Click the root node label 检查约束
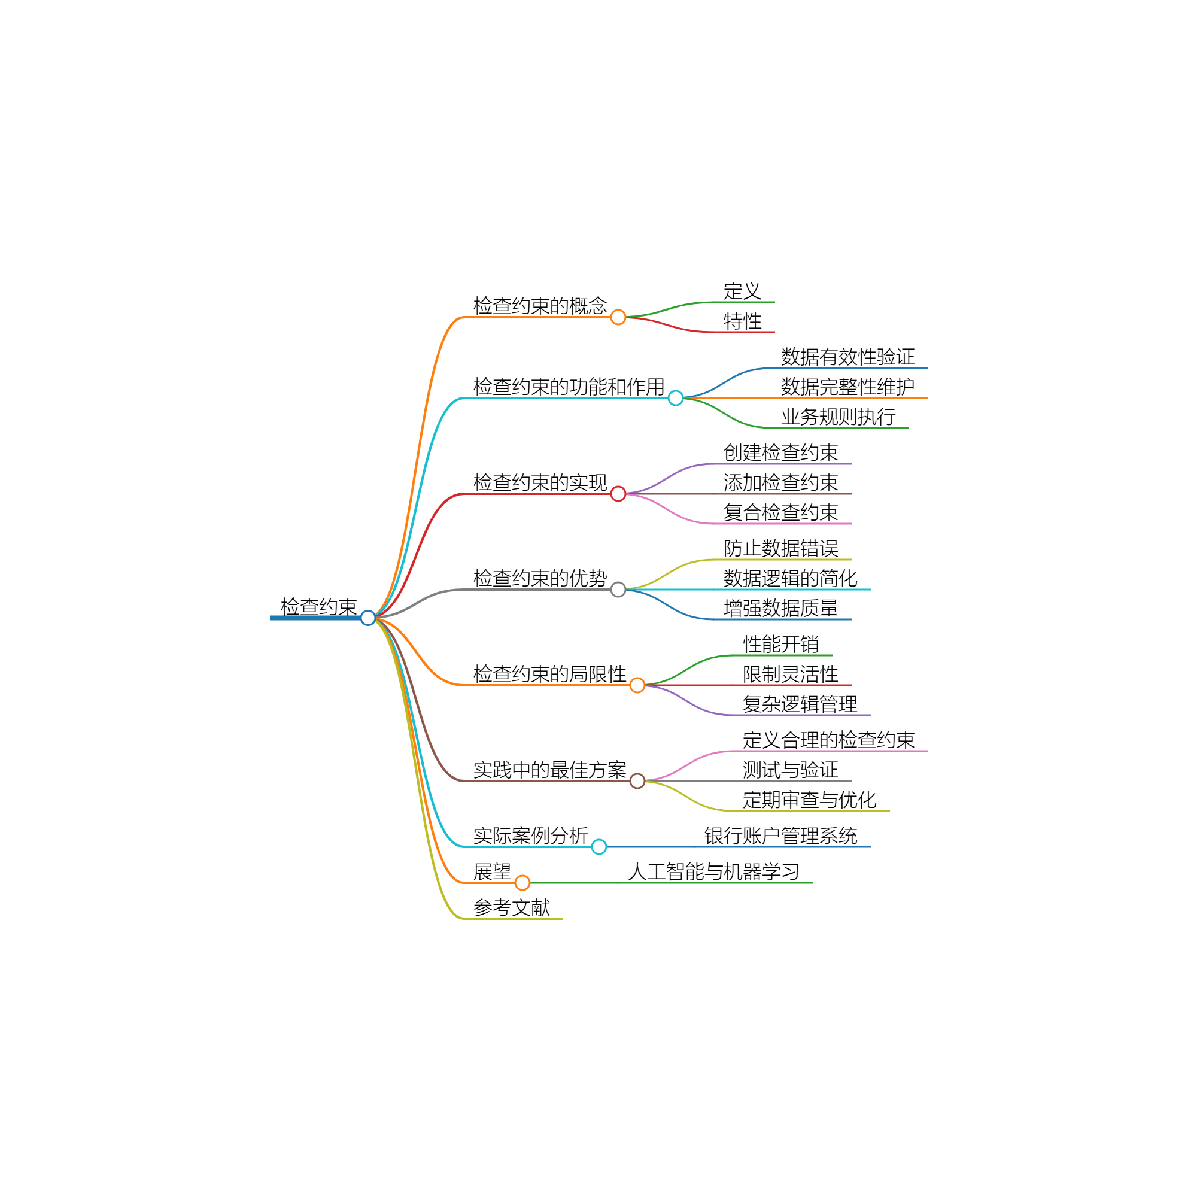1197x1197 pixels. pos(318,606)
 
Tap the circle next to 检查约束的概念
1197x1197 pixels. pos(618,317)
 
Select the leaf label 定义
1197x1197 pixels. pos(742,291)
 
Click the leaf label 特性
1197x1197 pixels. pos(742,320)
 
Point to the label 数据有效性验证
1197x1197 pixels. pos(847,356)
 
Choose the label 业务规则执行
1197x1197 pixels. pos(838,417)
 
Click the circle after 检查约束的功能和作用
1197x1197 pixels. pos(675,398)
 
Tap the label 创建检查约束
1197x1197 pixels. pos(780,452)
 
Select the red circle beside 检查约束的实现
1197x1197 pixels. pos(618,494)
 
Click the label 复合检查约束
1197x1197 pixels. pos(780,512)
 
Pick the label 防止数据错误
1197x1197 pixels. pos(780,548)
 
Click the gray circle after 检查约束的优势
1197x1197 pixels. pos(618,589)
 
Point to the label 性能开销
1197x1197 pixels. pos(780,644)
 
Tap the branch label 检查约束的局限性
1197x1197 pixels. pos(549,673)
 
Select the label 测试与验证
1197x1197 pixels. pos(791,770)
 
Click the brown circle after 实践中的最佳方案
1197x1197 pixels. pos(637,780)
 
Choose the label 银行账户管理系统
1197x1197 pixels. pos(780,835)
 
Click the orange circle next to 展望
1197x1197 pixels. pos(522,882)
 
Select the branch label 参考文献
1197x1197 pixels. pos(512,907)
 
